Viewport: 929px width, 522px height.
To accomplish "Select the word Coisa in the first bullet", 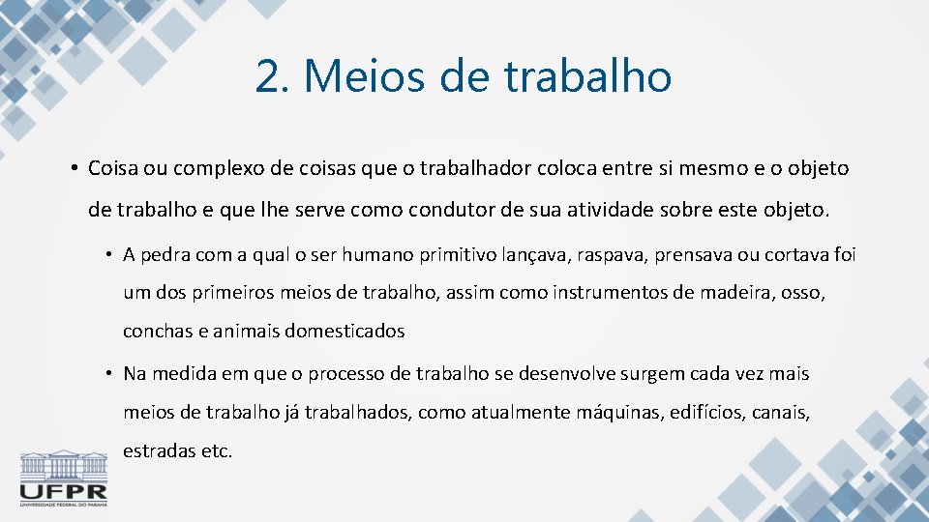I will tap(113, 168).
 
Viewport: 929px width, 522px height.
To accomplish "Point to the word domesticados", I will tap(343, 331).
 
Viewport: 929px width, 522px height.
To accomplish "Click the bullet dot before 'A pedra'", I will tap(110, 255).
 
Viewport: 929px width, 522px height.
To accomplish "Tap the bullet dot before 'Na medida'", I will tap(110, 374).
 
